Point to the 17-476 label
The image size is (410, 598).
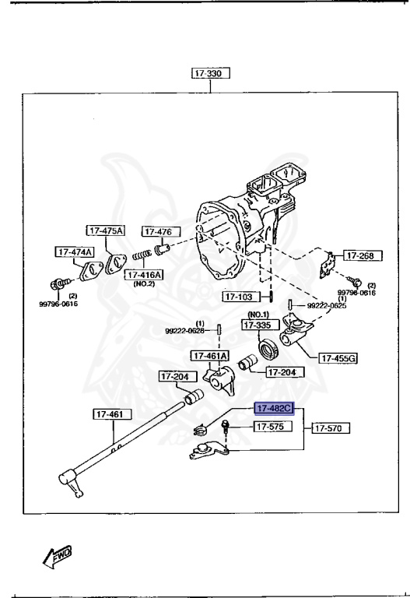pos(160,231)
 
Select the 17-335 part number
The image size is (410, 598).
pos(258,325)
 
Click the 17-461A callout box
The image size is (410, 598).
pos(211,356)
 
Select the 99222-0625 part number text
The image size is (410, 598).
pos(325,306)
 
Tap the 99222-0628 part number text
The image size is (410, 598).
pos(184,330)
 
